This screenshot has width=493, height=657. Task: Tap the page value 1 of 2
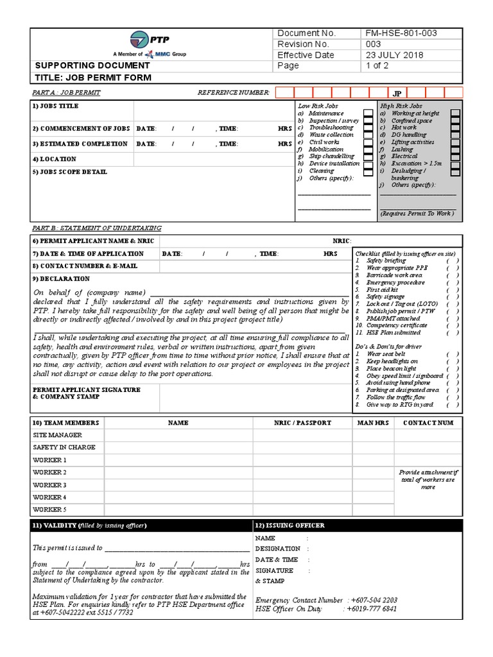377,66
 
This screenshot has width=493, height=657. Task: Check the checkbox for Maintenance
368,114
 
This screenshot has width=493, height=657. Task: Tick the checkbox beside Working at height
454,114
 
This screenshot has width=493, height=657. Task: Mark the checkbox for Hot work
454,128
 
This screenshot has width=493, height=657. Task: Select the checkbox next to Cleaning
368,171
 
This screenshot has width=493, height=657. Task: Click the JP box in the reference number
397,93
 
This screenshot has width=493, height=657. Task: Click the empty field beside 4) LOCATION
212,159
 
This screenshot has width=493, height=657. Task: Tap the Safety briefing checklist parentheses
453,261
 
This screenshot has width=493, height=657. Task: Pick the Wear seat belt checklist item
386,354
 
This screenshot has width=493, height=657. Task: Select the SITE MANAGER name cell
178,435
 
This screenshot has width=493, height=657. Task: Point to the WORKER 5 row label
50,509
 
